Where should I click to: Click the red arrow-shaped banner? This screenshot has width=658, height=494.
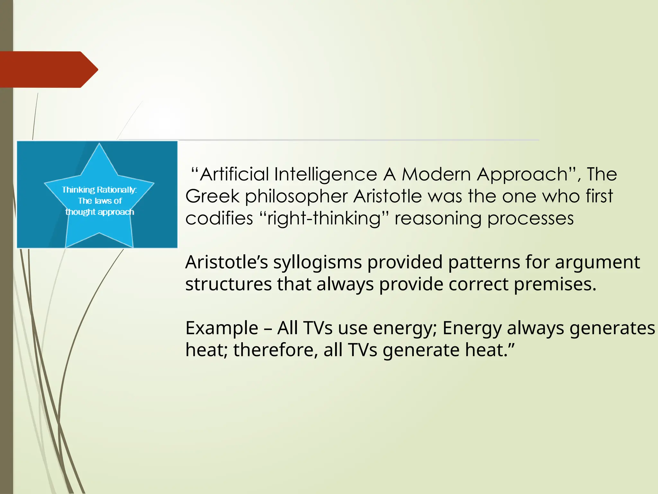[x=45, y=69]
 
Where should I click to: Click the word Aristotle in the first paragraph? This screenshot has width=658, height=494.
[x=387, y=197]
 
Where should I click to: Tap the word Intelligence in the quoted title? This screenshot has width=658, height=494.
[x=325, y=175]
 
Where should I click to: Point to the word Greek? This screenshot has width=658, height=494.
[x=212, y=197]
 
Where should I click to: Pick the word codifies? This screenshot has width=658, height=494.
[x=219, y=219]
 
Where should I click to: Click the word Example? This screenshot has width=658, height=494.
[x=222, y=328]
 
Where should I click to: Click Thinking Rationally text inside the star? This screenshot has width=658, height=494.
[x=99, y=190]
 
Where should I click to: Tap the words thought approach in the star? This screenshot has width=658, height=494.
[x=100, y=212]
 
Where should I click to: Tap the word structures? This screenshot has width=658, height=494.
[x=228, y=285]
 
